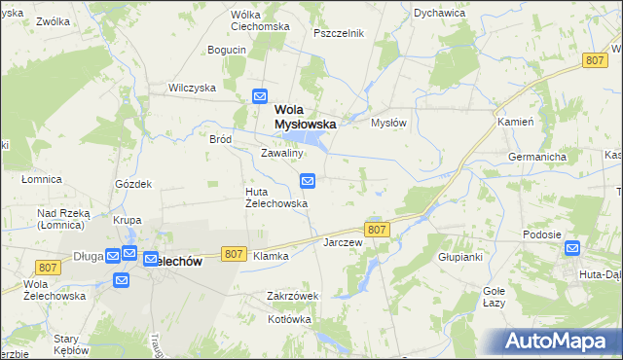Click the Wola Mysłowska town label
click(x=305, y=117)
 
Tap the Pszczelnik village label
click(x=339, y=33)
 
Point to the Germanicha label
click(x=537, y=157)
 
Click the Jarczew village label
click(x=343, y=241)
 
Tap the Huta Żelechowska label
click(x=275, y=198)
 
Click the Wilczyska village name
click(x=192, y=87)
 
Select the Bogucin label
click(x=226, y=50)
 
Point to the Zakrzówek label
click(x=293, y=296)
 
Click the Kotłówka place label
click(x=289, y=319)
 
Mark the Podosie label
click(x=541, y=234)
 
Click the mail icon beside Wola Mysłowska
click(x=260, y=95)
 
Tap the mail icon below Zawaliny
click(x=308, y=180)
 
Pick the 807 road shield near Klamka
click(x=233, y=253)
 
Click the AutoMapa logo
click(x=560, y=341)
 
